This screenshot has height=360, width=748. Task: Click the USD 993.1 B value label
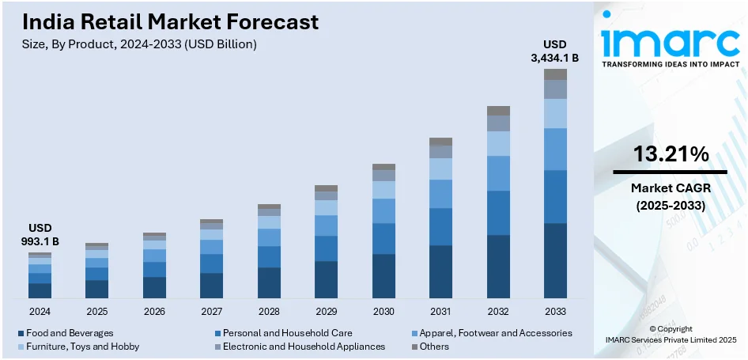coord(40,234)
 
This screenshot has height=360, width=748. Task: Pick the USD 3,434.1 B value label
coord(555,50)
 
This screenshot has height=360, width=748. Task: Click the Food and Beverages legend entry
coord(70,333)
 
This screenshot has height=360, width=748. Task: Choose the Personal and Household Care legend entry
coord(287,333)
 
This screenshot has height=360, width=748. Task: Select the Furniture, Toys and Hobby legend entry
coord(82,347)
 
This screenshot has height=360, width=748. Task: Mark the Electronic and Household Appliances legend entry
coord(304,347)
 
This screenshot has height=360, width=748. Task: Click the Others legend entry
coord(434,347)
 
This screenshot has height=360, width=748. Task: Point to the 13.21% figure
coord(671,155)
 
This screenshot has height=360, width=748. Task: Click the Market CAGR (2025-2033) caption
coord(671,197)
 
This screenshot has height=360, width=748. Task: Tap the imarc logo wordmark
coord(670,40)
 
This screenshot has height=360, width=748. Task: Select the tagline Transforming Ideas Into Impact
coord(670,65)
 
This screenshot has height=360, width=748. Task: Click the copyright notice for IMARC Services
coord(671,334)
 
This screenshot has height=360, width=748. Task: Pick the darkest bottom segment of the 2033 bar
coord(555,260)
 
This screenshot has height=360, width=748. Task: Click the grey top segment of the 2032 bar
coord(498,111)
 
